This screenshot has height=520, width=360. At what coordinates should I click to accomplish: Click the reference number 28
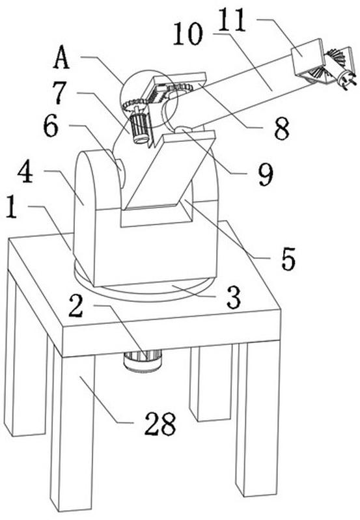pyautogui.click(x=160, y=424)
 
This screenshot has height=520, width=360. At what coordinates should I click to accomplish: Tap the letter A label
pyautogui.click(x=61, y=57)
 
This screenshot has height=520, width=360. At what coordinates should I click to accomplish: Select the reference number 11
pyautogui.click(x=232, y=20)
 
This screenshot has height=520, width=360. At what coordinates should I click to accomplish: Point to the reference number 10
pyautogui.click(x=187, y=33)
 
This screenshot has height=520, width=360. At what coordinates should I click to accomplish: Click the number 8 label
pyautogui.click(x=282, y=128)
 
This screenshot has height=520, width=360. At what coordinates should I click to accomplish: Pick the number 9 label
pyautogui.click(x=266, y=174)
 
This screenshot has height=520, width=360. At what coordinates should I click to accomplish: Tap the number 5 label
pyautogui.click(x=288, y=258)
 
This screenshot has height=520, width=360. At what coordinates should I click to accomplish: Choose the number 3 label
pyautogui.click(x=233, y=297)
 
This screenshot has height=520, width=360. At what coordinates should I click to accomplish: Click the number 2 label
pyautogui.click(x=76, y=305)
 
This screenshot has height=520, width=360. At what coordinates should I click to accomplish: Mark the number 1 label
pyautogui.click(x=12, y=206)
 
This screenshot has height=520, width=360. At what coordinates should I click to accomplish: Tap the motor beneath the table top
pyautogui.click(x=143, y=361)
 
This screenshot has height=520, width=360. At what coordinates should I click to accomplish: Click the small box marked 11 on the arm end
pyautogui.click(x=307, y=57)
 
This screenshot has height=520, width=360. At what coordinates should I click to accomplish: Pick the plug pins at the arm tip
pyautogui.click(x=348, y=82)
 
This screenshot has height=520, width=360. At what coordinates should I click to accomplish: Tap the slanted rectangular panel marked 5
pyautogui.click(x=167, y=171)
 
